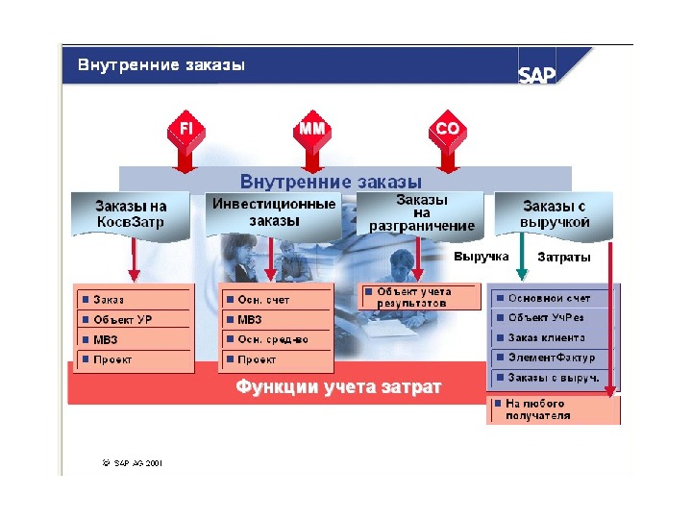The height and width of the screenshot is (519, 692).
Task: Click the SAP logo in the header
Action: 537,75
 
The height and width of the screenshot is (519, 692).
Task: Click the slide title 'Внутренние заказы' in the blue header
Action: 161,65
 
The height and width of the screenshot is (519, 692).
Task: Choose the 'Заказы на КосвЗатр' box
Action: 131,213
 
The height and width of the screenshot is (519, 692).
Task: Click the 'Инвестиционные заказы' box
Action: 275,212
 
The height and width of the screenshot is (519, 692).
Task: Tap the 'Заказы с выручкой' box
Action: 555,213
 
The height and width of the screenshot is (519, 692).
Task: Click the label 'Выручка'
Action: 481,258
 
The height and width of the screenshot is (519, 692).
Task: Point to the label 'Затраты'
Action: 564,258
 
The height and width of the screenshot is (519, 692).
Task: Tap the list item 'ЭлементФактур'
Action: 552,358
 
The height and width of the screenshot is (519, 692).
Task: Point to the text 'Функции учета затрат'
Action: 339,388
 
